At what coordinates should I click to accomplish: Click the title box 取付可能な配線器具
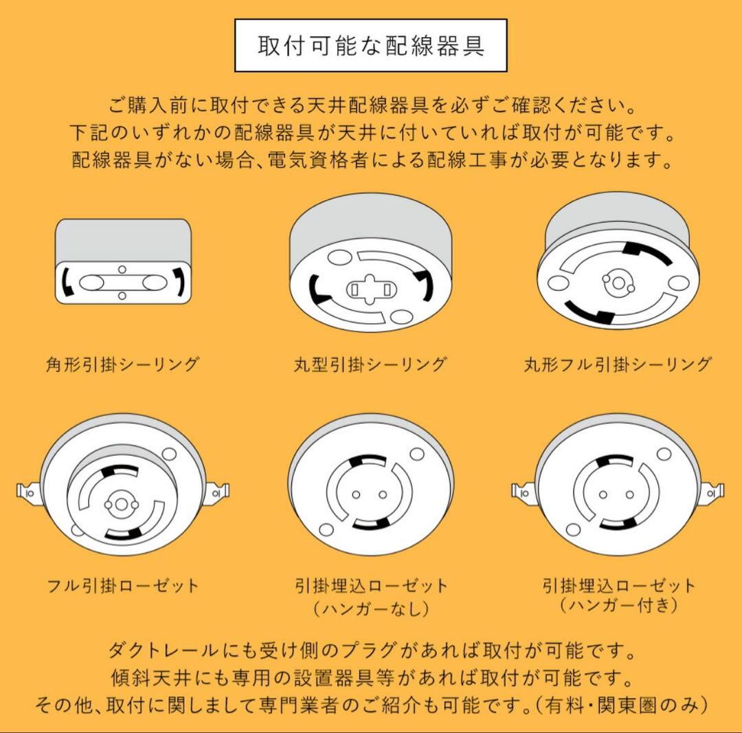click(371, 46)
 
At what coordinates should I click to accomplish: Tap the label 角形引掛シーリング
click(122, 364)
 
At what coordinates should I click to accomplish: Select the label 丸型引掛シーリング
click(370, 364)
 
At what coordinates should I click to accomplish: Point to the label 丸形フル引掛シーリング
click(617, 364)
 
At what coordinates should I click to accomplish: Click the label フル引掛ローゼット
click(122, 586)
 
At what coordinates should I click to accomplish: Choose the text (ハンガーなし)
click(370, 609)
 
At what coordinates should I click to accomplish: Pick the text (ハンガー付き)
click(618, 606)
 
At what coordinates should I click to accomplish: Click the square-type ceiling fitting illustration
click(122, 261)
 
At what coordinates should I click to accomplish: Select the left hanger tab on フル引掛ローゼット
click(26, 492)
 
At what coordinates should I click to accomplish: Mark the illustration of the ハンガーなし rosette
click(370, 492)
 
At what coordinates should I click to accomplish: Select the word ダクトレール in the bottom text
click(147, 649)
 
